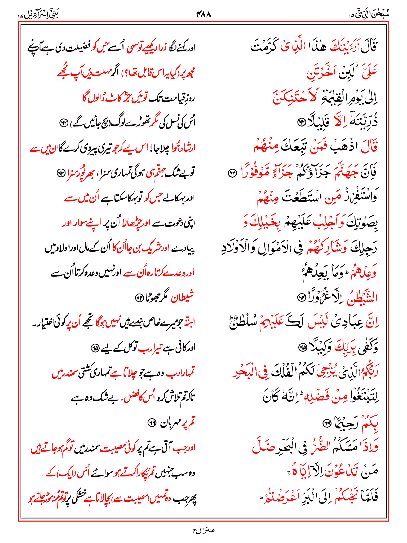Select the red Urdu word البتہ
(189, 323)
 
